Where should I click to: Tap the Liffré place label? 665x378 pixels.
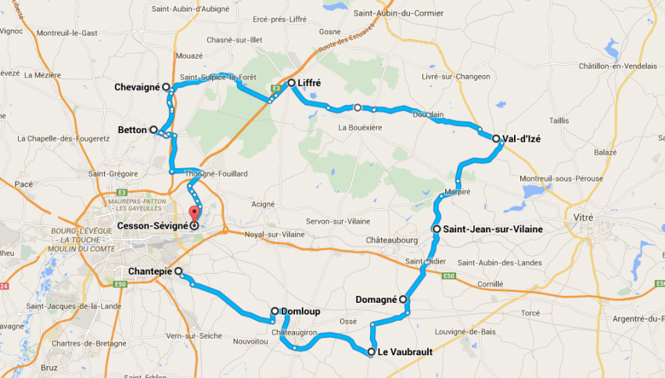pyautogui.click(x=310, y=82)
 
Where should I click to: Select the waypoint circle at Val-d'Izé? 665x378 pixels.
pyautogui.click(x=496, y=139)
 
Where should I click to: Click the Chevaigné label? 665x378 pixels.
pyautogui.click(x=137, y=88)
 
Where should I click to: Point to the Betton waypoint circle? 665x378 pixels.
pyautogui.click(x=153, y=130)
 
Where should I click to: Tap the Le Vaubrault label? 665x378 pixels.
pyautogui.click(x=404, y=352)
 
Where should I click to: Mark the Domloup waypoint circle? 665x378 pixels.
pyautogui.click(x=275, y=311)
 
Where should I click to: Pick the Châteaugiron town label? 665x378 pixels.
pyautogui.click(x=295, y=333)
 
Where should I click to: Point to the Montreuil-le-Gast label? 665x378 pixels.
pyautogui.click(x=67, y=33)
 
